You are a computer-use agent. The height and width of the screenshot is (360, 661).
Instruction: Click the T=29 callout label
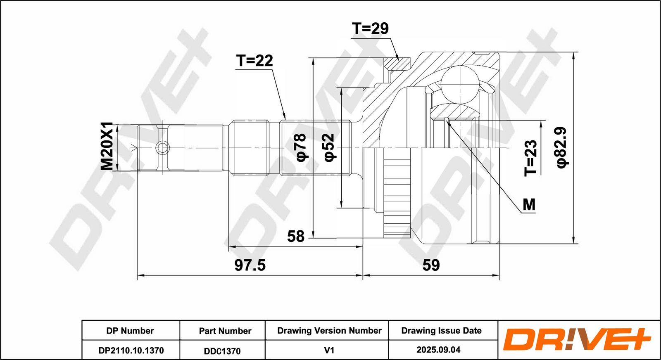(370, 28)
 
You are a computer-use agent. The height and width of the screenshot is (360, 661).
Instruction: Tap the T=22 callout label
(254, 61)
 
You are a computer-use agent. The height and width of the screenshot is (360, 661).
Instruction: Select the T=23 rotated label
(530, 158)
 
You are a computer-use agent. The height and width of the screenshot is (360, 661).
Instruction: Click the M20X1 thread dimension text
(107, 146)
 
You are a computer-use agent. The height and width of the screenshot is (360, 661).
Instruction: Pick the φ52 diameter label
(329, 147)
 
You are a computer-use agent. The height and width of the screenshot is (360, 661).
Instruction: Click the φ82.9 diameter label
(562, 147)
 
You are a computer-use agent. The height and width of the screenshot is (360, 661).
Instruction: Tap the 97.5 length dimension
(250, 265)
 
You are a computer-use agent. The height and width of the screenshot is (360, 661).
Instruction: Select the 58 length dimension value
(296, 236)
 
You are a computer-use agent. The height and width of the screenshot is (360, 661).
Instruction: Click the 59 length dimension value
(431, 265)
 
